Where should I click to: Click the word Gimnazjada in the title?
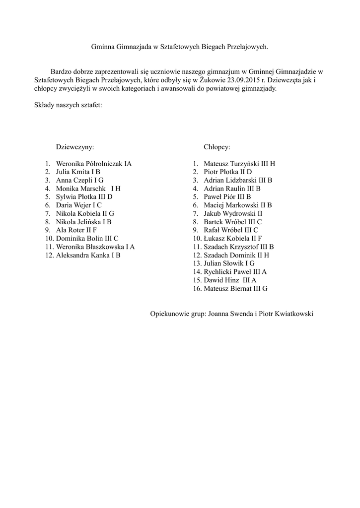click(134, 47)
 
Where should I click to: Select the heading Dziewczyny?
click(75, 147)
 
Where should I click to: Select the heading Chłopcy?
click(217, 147)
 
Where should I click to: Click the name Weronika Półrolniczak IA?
click(94, 164)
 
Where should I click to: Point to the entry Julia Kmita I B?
click(78, 172)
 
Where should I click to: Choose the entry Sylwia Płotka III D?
click(84, 197)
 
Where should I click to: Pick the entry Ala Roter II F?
click(76, 230)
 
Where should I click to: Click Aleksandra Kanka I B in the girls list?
click(88, 255)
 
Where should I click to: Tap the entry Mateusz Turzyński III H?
click(239, 164)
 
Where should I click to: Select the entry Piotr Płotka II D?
click(228, 172)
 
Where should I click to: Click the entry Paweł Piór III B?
click(227, 197)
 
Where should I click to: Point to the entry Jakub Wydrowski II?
click(233, 213)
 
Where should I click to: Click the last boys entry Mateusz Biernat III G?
click(235, 289)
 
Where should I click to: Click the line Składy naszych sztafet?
click(68, 106)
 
